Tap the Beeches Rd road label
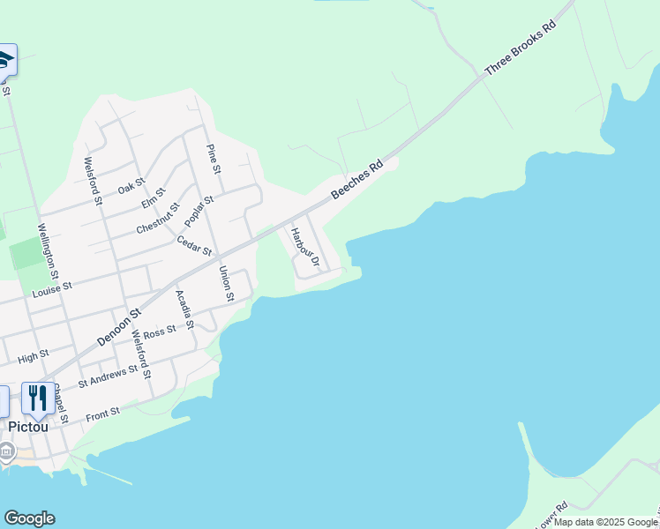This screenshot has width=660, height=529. [356, 179]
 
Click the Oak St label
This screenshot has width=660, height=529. [131, 186]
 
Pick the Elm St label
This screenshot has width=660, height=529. [154, 199]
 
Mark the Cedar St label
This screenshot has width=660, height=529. [194, 245]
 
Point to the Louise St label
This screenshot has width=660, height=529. [52, 288]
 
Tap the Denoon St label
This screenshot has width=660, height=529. [119, 326]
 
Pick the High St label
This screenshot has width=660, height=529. [33, 357]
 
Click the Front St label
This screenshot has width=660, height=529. [103, 413]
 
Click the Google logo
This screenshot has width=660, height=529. [29, 518]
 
